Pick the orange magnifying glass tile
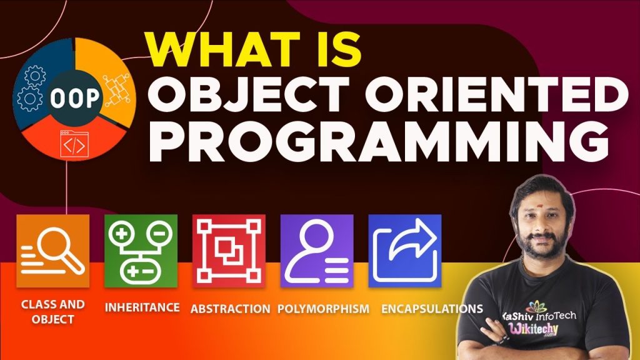coord(52,251)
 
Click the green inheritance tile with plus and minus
coord(141,251)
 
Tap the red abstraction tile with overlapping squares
coord(229,251)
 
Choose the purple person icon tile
coord(317,251)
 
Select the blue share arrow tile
coord(405,251)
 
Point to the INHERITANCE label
coord(142,307)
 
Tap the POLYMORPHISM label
coord(323,309)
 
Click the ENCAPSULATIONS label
coord(432,309)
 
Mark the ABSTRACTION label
coord(230,309)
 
